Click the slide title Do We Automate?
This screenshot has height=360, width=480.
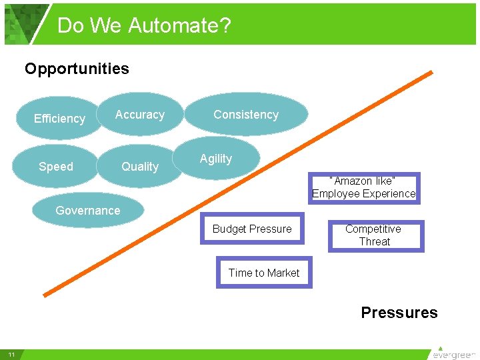coord(144,25)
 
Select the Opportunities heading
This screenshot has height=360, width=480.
coord(77,69)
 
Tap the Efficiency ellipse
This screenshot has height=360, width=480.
coord(59,119)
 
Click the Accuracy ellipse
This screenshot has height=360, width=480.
coord(139,115)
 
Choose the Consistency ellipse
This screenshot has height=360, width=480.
coord(246,115)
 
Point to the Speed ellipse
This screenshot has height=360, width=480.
coord(56,167)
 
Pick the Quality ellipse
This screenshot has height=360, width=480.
coord(140,167)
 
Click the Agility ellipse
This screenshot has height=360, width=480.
coord(216,159)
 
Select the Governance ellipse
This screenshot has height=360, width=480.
coord(88,211)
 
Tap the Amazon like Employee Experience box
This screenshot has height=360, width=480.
coord(364,187)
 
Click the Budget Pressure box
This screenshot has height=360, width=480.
coord(252,229)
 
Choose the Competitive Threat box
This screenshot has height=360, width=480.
coord(375,235)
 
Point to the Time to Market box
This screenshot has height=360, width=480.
coord(264,273)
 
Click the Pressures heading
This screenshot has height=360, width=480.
coord(399,313)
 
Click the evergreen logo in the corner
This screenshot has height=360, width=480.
coord(455,353)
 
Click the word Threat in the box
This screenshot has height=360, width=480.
coord(375,241)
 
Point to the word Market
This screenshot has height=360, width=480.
coord(283,273)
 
